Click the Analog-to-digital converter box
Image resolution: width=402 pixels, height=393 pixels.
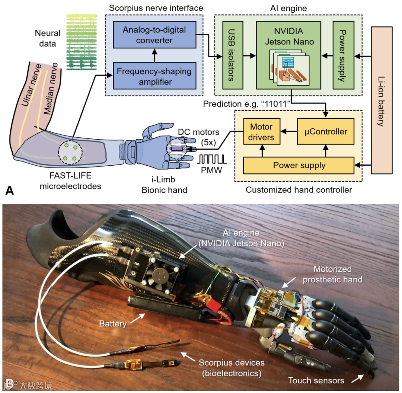[154, 35]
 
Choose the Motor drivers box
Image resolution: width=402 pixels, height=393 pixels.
[261, 132]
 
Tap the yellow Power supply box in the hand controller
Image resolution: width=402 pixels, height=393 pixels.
[299, 165]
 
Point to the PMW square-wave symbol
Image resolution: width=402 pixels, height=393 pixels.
[212, 160]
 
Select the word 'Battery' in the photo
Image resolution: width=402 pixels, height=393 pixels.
[113, 324]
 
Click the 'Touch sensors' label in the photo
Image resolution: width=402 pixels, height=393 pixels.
[315, 380]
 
